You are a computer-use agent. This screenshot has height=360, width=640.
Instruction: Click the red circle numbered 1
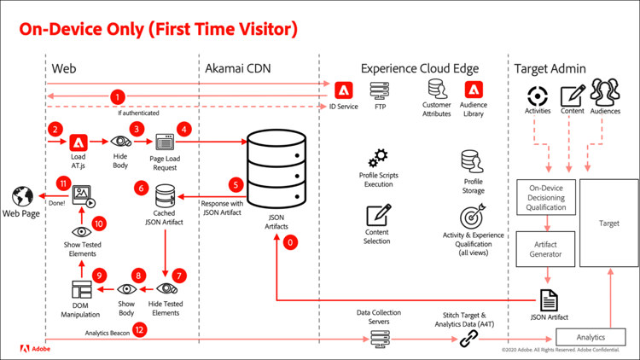pyautogui.click(x=118, y=97)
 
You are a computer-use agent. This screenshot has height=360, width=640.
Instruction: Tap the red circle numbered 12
pyautogui.click(x=140, y=333)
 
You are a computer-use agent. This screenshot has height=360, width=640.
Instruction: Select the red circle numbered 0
pyautogui.click(x=292, y=243)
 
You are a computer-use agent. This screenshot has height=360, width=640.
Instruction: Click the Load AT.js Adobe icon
pyautogui.click(x=79, y=142)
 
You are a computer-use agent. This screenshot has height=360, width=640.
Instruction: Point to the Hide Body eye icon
pyautogui.click(x=120, y=142)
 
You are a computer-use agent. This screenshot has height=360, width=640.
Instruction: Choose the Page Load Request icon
pyautogui.click(x=163, y=142)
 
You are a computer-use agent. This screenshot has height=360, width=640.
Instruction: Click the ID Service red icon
pyautogui.click(x=344, y=90)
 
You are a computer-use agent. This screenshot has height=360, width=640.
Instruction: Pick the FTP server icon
pyautogui.click(x=380, y=90)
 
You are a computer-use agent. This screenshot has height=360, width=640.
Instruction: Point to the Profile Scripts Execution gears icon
pyautogui.click(x=378, y=158)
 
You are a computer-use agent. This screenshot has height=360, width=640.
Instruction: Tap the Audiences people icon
pyautogui.click(x=604, y=92)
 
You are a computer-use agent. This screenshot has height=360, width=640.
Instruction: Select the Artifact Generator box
pyautogui.click(x=546, y=247)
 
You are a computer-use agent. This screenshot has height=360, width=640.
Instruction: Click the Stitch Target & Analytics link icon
pyautogui.click(x=468, y=339)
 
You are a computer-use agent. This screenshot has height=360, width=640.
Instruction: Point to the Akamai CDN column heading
pyautogui.click(x=236, y=67)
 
